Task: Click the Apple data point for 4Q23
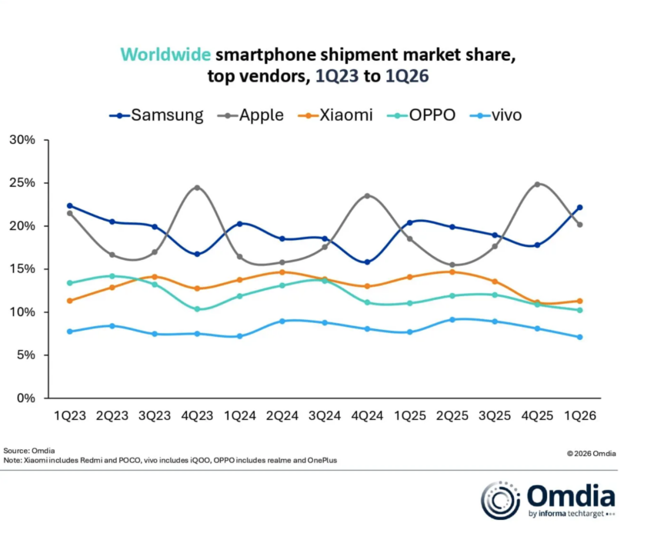pyautogui.click(x=197, y=188)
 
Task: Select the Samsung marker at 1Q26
pyautogui.click(x=579, y=208)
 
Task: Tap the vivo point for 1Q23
pyautogui.click(x=70, y=331)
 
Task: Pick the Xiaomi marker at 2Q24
pyautogui.click(x=282, y=271)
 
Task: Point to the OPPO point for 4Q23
pyautogui.click(x=197, y=309)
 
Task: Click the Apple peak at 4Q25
pyautogui.click(x=537, y=185)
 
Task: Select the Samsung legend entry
pyautogui.click(x=157, y=115)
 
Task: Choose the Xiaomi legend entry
pyautogui.click(x=336, y=115)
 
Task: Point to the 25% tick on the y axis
pyautogui.click(x=22, y=183)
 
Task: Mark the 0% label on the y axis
pyautogui.click(x=25, y=398)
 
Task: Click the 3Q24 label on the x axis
pyautogui.click(x=325, y=415)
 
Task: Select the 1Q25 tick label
pyautogui.click(x=409, y=415)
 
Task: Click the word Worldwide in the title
pyautogui.click(x=165, y=55)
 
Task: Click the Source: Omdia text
pyautogui.click(x=25, y=450)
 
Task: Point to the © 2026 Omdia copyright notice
pyautogui.click(x=592, y=454)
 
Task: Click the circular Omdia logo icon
pyautogui.click(x=501, y=501)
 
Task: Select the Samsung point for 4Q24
pyautogui.click(x=367, y=262)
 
